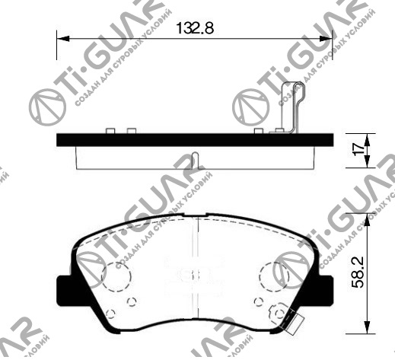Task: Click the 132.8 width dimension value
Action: click(x=194, y=29)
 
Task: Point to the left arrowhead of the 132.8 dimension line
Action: click(x=62, y=37)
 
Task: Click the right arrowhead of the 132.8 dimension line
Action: click(x=330, y=37)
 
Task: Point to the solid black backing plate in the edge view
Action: click(x=195, y=140)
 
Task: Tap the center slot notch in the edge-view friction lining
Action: click(x=196, y=161)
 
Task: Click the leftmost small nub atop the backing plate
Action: click(x=111, y=130)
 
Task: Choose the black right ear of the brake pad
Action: click(x=327, y=288)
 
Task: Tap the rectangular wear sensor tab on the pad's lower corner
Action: click(x=290, y=323)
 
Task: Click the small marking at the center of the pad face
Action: click(x=195, y=276)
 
